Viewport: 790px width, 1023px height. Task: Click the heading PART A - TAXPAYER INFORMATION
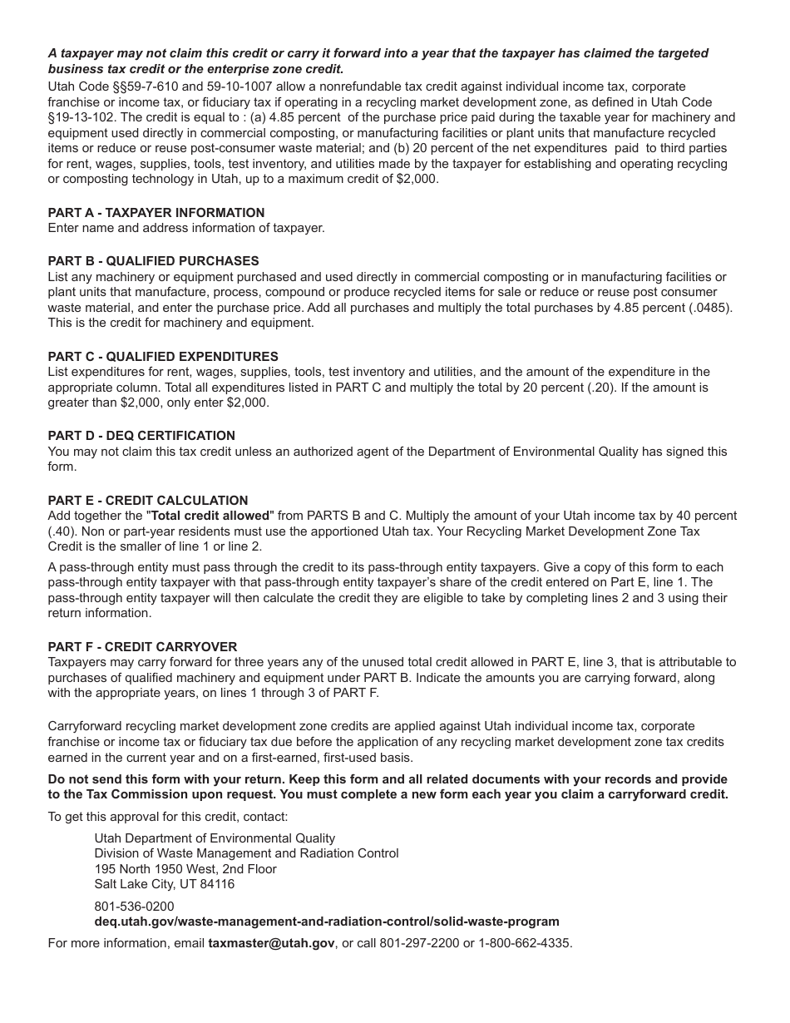[156, 213]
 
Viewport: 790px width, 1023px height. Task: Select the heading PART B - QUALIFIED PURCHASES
[153, 261]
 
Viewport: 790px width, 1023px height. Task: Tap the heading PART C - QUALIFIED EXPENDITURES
[163, 357]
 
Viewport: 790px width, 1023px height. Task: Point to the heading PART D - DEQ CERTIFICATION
[141, 436]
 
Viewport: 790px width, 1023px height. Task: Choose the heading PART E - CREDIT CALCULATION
[148, 501]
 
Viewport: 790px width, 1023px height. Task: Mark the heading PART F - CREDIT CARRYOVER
[142, 647]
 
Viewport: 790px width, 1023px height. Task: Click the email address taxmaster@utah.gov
[271, 944]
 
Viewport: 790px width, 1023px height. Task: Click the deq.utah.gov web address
[326, 922]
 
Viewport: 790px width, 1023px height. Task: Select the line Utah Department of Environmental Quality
[215, 838]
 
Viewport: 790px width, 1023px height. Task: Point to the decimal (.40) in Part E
[63, 531]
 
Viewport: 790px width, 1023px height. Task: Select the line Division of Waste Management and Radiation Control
[246, 853]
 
